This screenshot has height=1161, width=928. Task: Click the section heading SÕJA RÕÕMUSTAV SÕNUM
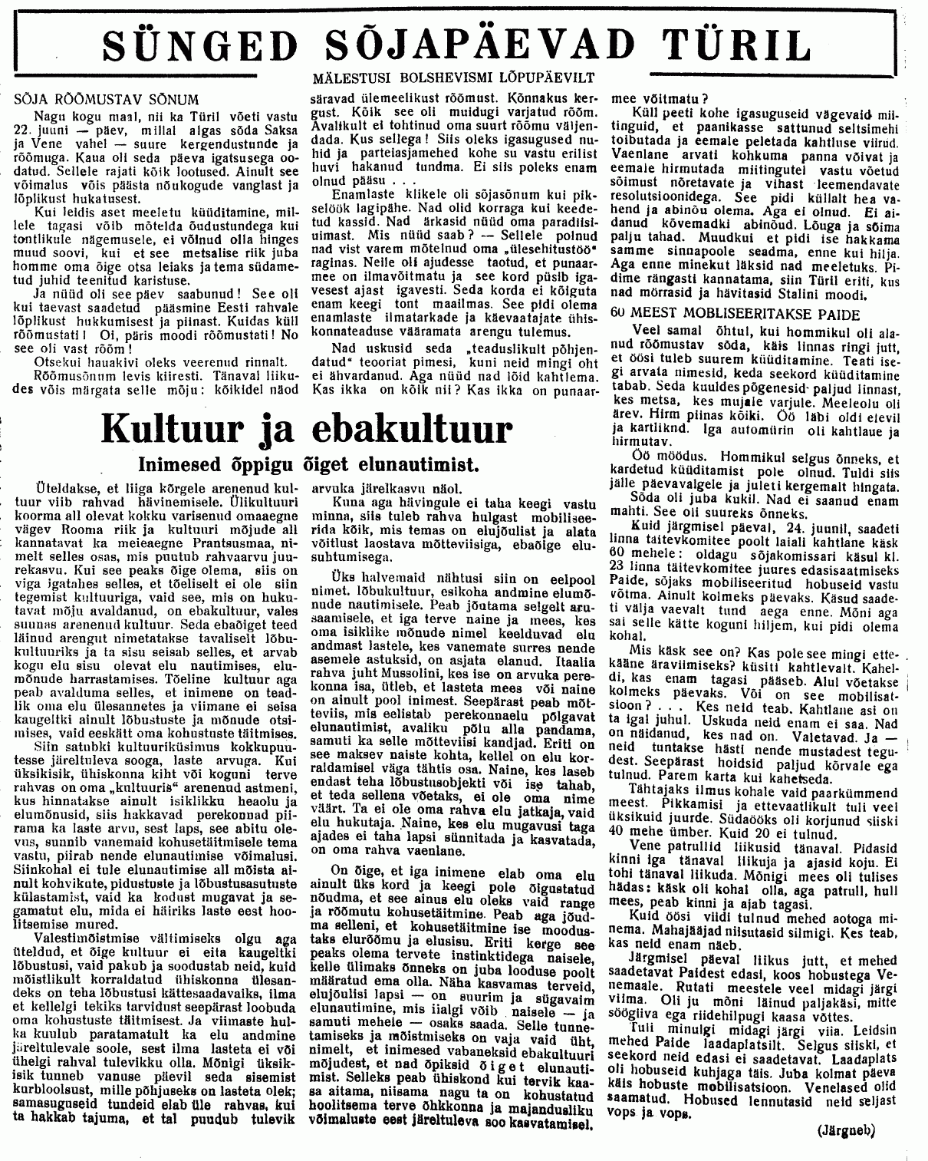(x=108, y=100)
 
